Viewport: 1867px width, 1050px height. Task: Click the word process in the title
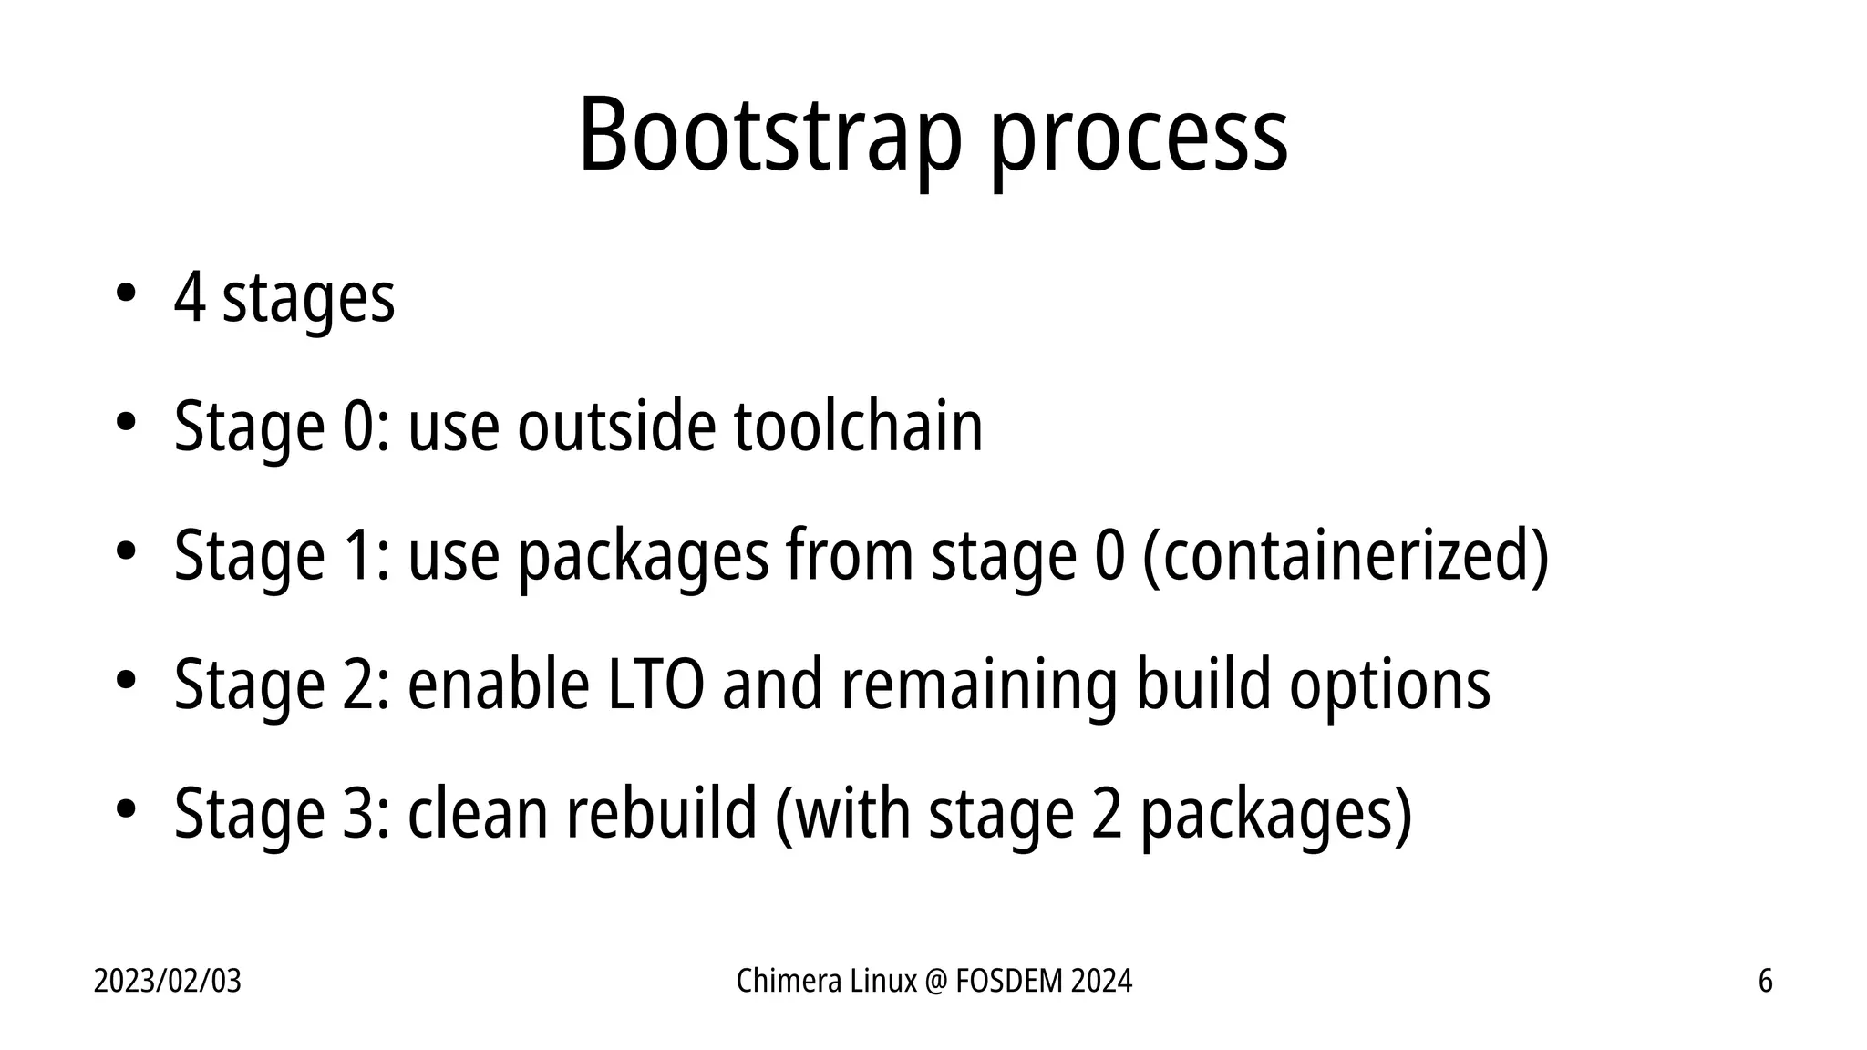pos(1139,141)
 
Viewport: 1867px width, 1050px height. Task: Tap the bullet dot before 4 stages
pos(125,293)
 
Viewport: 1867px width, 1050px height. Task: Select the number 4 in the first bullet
pos(189,297)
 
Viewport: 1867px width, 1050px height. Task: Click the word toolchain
pos(858,426)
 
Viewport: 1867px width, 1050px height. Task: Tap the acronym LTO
pos(655,685)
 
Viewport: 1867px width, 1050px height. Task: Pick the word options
pos(1389,685)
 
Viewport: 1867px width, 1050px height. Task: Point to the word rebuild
pos(661,813)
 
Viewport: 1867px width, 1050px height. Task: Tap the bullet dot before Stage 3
pos(125,808)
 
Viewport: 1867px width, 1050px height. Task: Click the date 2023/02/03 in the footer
pos(168,982)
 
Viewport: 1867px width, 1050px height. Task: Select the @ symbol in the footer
pos(936,982)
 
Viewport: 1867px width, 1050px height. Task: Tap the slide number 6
pos(1765,982)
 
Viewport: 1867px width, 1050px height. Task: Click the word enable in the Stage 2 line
pos(498,685)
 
